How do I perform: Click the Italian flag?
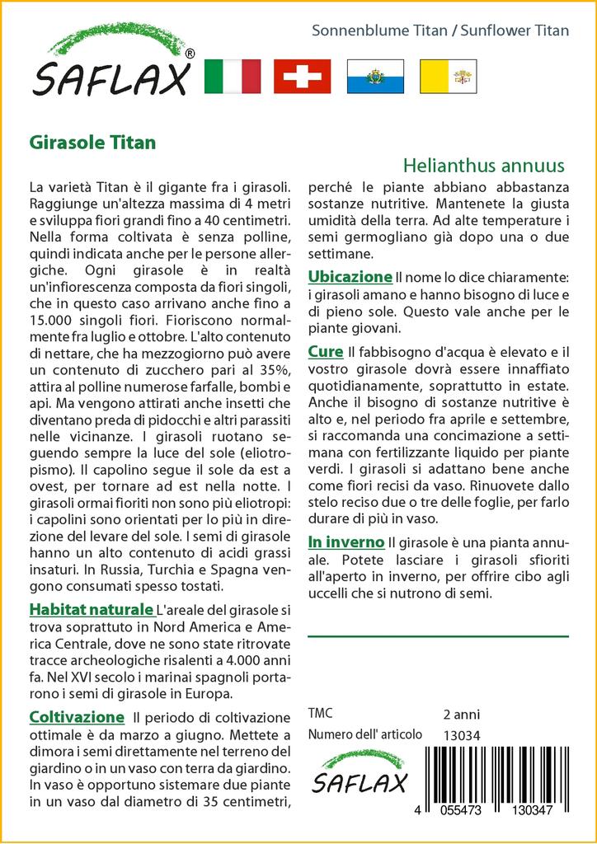pyautogui.click(x=232, y=77)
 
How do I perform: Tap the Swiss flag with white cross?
pyautogui.click(x=302, y=77)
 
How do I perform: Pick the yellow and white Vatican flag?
pyautogui.click(x=448, y=77)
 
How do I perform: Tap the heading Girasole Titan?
pyautogui.click(x=92, y=142)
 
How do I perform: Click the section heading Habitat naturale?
pyautogui.click(x=91, y=610)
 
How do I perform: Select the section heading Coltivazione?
pyautogui.click(x=77, y=717)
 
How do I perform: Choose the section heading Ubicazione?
pyautogui.click(x=350, y=277)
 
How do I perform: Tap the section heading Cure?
pyautogui.click(x=325, y=352)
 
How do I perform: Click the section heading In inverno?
pyautogui.click(x=346, y=542)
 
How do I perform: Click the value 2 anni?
pyautogui.click(x=461, y=714)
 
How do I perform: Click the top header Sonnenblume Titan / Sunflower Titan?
pyautogui.click(x=440, y=30)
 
